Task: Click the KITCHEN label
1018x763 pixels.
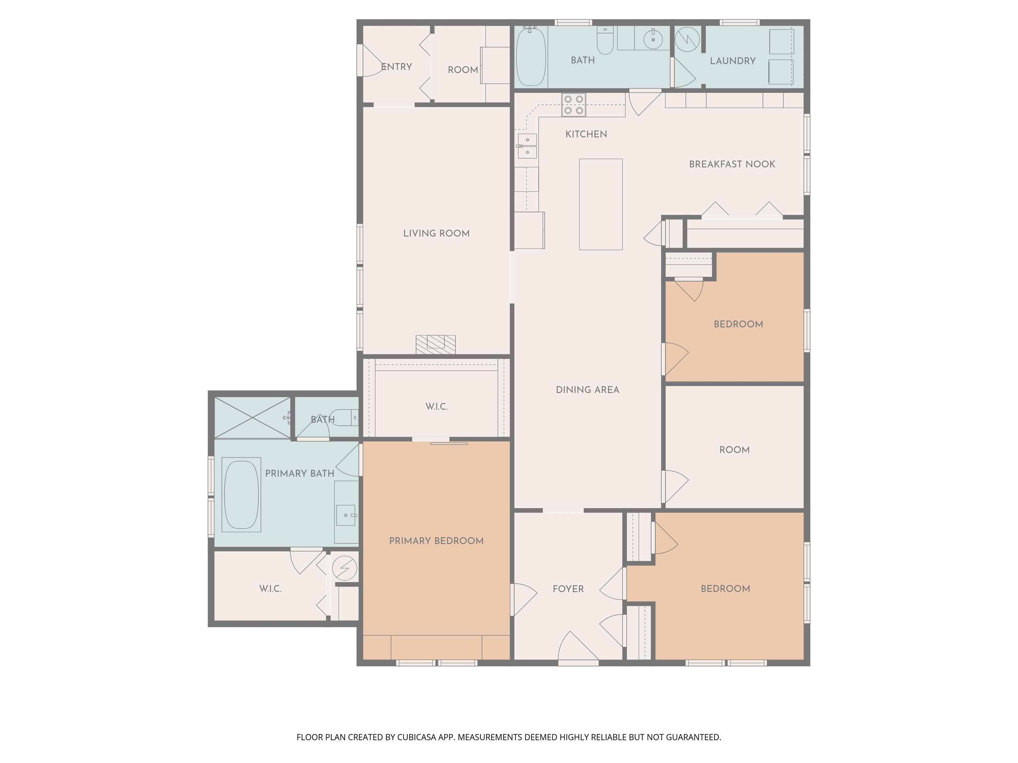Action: pyautogui.click(x=586, y=134)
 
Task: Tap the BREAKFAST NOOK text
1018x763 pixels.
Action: pyautogui.click(x=732, y=164)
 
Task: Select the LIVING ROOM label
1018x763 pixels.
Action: pyautogui.click(x=436, y=234)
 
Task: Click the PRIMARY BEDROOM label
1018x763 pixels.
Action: pyautogui.click(x=436, y=541)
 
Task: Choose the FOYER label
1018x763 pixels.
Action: pyautogui.click(x=568, y=589)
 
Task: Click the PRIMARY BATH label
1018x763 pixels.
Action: pyautogui.click(x=300, y=473)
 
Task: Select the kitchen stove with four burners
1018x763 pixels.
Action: pyautogui.click(x=573, y=105)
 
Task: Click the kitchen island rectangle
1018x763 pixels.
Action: pyautogui.click(x=600, y=204)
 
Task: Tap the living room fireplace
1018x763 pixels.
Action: pyautogui.click(x=435, y=344)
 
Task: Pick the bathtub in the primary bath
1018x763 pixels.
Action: pyautogui.click(x=241, y=494)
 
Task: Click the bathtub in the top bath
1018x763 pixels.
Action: pyautogui.click(x=531, y=57)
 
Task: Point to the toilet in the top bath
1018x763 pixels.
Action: pyautogui.click(x=605, y=40)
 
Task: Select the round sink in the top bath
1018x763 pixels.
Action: pyautogui.click(x=652, y=39)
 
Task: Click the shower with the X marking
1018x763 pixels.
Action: pyautogui.click(x=252, y=418)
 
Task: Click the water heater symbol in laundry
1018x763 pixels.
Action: pyautogui.click(x=687, y=39)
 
